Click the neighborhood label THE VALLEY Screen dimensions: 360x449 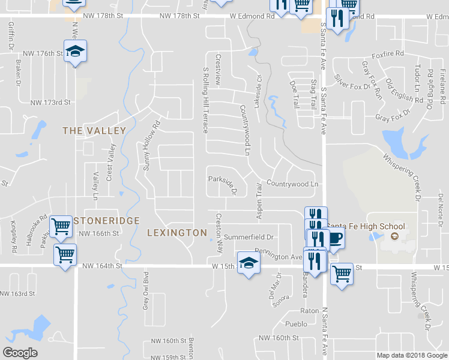point(94,131)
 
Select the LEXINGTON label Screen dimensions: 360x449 point(177,232)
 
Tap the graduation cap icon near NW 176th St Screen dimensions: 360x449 point(76,52)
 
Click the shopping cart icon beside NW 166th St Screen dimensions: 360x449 point(61,227)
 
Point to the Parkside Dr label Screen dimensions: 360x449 point(223,184)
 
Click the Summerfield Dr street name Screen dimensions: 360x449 point(249,238)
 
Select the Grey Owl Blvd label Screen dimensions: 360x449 point(146,290)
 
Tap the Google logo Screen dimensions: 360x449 point(20,352)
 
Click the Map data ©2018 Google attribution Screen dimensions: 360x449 point(412,355)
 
